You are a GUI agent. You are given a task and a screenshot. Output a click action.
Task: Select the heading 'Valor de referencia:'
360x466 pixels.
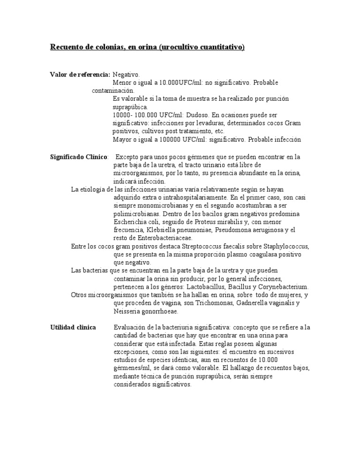[80, 75]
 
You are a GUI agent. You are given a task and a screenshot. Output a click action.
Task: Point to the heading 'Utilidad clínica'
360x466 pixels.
[73, 327]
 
